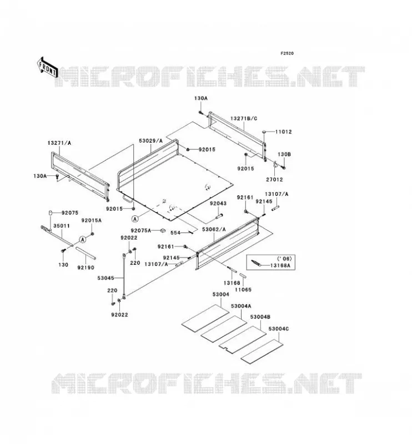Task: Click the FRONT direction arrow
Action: coord(47,68)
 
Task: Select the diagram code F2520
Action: coord(287,53)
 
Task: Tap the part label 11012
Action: coord(284,132)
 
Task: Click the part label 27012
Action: coord(274,179)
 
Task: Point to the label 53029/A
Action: coord(150,141)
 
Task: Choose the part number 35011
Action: coord(62,226)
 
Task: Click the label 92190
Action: coord(86,268)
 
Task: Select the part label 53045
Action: coord(105,278)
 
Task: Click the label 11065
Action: coord(243,290)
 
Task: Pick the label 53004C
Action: coord(279,329)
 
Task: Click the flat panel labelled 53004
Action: coord(205,316)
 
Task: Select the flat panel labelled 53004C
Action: coord(262,351)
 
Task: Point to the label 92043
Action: coord(218,203)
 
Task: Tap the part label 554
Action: coord(175,233)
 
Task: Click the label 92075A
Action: coord(141,230)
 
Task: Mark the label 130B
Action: coord(284,154)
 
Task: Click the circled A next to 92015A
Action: coord(83,240)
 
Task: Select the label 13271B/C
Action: coord(244,118)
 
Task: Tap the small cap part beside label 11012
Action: coord(264,132)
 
